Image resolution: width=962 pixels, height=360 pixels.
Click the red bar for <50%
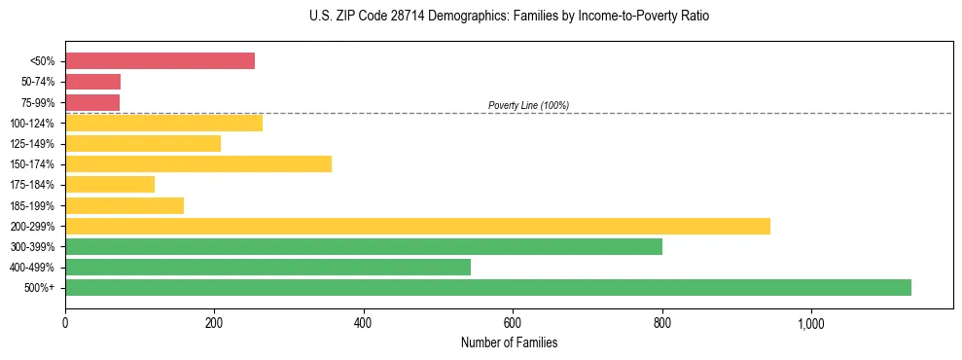(160, 61)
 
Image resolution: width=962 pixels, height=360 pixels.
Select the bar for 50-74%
(92, 82)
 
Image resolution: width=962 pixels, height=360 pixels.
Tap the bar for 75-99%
(92, 102)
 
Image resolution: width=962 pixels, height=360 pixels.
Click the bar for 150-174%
(198, 163)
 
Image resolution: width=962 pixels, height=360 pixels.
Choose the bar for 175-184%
(110, 184)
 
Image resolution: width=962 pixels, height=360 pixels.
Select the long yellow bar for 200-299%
(417, 226)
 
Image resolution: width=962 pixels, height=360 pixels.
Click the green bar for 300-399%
(364, 246)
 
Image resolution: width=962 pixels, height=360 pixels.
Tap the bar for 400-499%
(267, 267)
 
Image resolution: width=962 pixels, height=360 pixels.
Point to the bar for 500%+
(488, 287)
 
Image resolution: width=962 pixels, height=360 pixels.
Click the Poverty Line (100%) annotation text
(528, 105)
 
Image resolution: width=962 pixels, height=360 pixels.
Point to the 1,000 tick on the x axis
(811, 323)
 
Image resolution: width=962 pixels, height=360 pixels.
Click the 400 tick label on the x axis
(364, 323)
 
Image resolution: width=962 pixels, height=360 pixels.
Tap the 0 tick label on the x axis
(65, 323)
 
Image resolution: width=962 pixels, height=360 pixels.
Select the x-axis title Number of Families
(509, 342)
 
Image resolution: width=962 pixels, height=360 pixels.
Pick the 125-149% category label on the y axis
(33, 144)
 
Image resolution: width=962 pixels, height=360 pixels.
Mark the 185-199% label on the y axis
(33, 205)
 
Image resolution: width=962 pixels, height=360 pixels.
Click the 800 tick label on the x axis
(662, 323)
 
